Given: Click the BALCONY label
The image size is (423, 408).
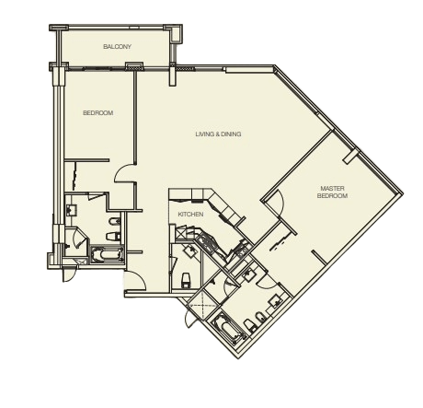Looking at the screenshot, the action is tap(117, 47).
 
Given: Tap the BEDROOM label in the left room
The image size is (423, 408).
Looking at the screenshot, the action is tap(98, 113).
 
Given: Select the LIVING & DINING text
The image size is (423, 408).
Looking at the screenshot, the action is tap(218, 134).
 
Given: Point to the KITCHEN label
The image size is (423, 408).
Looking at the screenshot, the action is tap(190, 215).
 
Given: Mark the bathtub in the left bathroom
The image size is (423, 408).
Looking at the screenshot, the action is tap(107, 254).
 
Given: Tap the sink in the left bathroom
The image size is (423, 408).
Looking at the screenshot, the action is tap(72, 210).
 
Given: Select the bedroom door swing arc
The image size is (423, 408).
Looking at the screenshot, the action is tap(124, 174).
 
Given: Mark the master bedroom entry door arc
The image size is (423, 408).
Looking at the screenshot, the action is tap(276, 202).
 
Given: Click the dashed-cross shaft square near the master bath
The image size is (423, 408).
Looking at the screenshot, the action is tap(202, 306).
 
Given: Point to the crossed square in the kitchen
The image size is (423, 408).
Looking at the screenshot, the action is tap(180, 232).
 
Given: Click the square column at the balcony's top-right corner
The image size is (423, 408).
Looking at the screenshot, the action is tap(177, 34).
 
